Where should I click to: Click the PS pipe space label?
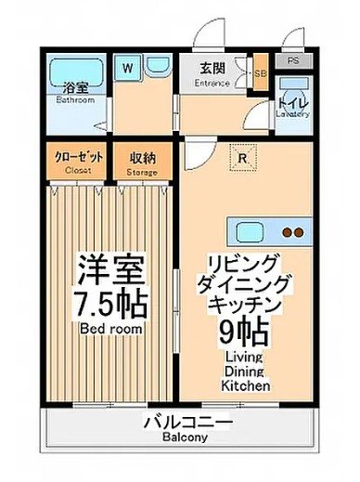294,61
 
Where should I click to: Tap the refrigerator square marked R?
241,157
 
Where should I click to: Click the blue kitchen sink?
250,232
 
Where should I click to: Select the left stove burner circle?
287,233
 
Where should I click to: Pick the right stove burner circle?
301,233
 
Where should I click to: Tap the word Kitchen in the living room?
246,384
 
